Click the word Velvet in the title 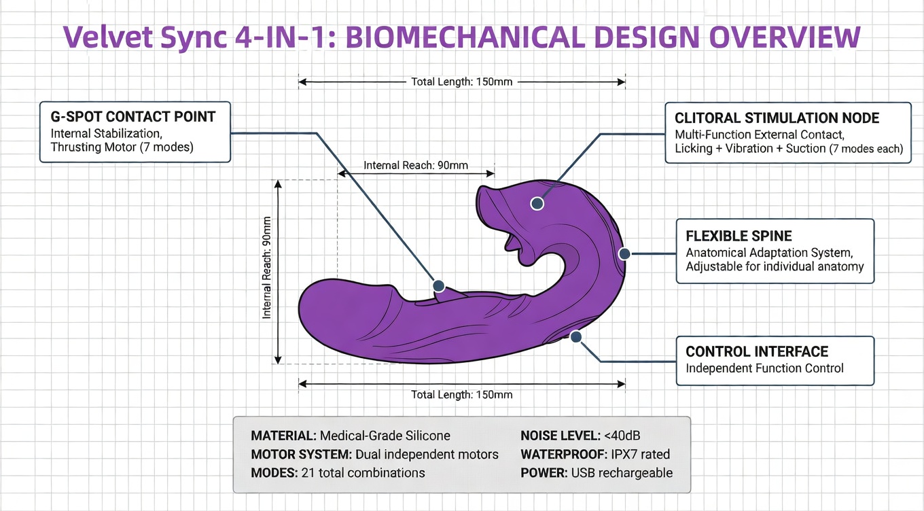(108, 36)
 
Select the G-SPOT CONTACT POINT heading (133, 117)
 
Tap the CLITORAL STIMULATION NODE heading (777, 118)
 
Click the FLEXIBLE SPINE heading (739, 236)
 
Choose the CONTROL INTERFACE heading (757, 351)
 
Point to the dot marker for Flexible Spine (624, 253)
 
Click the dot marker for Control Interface (576, 337)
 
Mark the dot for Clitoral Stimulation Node (537, 203)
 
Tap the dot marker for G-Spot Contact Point (438, 285)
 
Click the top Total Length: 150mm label (461, 82)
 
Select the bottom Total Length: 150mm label (461, 395)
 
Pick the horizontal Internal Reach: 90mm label (416, 165)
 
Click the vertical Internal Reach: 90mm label (267, 268)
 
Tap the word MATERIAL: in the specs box (283, 436)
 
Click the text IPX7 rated (640, 454)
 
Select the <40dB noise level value (622, 436)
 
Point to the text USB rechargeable (622, 473)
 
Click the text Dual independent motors (427, 455)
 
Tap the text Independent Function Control (765, 368)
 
